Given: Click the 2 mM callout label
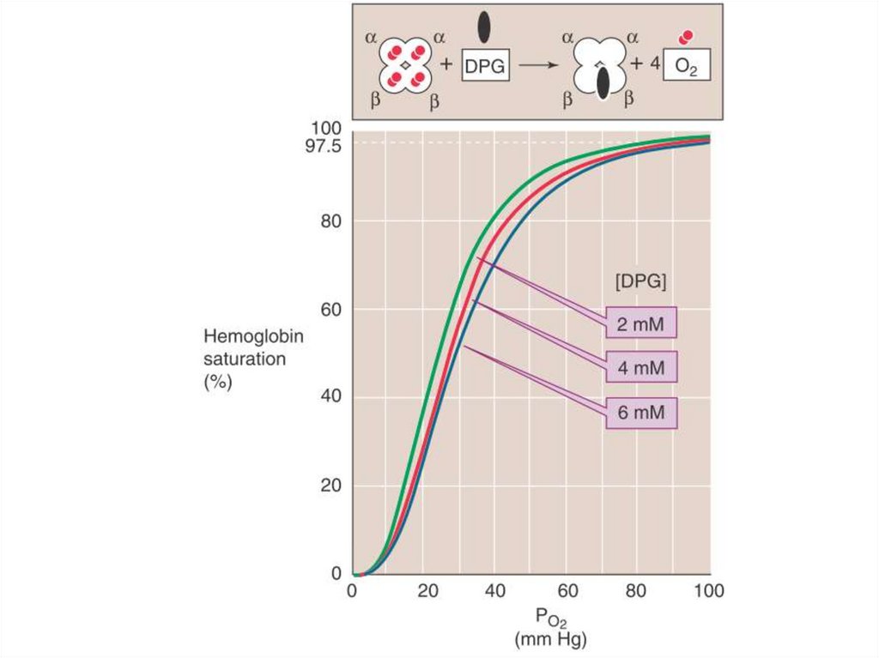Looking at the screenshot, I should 640,324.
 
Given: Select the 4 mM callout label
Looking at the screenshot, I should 640,369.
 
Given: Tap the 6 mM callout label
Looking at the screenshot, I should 640,414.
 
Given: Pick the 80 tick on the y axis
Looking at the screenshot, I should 331,220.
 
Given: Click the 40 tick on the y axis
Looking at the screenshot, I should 331,396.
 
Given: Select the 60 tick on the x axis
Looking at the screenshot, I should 565,590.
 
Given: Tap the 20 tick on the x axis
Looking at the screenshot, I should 423,590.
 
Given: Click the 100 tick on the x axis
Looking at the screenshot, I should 707,590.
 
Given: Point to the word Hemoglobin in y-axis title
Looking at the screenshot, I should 253,337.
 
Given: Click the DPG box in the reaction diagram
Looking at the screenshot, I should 486,65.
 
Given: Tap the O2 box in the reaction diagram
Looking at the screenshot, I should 686,65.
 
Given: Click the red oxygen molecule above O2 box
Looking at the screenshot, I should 685,38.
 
